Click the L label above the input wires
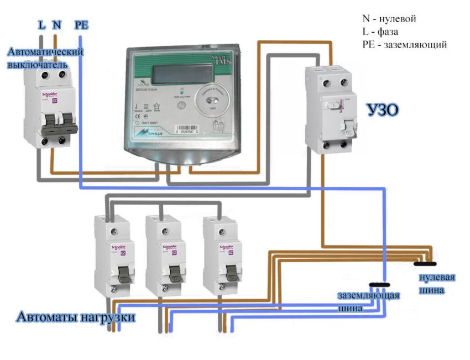[x=42, y=25]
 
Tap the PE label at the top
[x=81, y=25]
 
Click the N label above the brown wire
[x=57, y=25]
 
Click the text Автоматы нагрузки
[x=76, y=317]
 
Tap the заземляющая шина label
[x=368, y=301]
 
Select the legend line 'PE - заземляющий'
[x=404, y=44]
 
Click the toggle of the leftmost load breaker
[x=121, y=272]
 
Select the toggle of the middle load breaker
[x=174, y=272]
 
